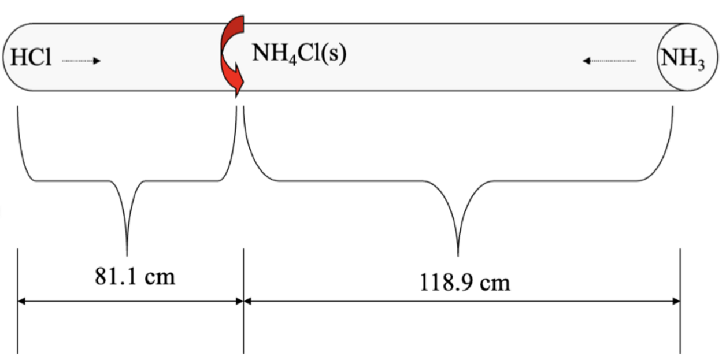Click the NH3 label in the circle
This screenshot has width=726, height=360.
(x=683, y=58)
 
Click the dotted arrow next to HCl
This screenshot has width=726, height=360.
(x=81, y=60)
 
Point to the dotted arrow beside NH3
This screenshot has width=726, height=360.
(x=609, y=60)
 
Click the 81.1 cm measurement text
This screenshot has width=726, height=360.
(x=135, y=277)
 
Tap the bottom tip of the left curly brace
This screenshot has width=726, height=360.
(x=127, y=252)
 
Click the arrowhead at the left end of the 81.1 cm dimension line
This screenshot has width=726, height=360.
(x=22, y=300)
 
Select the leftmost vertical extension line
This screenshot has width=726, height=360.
(x=17, y=300)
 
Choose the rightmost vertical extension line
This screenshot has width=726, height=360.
(x=680, y=300)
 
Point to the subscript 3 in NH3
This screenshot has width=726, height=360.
(x=701, y=65)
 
